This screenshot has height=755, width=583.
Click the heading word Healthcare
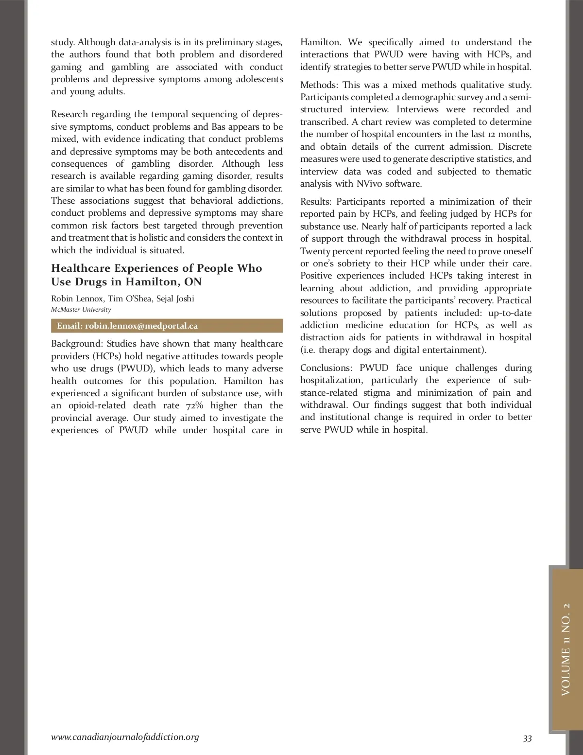[x=81, y=268]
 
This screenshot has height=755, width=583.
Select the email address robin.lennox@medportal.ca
[x=141, y=326]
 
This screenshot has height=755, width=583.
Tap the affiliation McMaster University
[x=81, y=310]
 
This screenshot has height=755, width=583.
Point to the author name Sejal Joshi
[x=175, y=298]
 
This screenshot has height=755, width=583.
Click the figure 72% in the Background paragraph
[x=194, y=405]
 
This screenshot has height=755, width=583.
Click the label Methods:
[x=318, y=85]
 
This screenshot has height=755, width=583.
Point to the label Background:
[x=77, y=344]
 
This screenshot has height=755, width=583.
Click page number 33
[x=527, y=738]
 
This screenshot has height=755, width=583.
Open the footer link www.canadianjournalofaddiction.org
[x=125, y=737]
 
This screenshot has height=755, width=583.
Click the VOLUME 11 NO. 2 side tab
[x=566, y=649]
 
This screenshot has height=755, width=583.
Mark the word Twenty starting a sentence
[x=315, y=251]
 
